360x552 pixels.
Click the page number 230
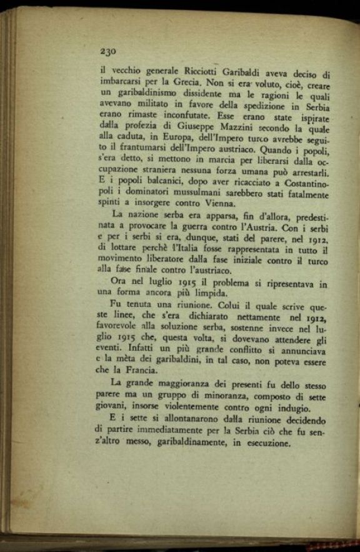pyautogui.click(x=109, y=51)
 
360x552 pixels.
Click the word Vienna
pyautogui.click(x=216, y=203)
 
